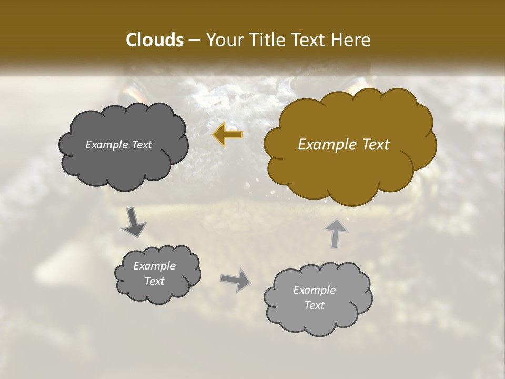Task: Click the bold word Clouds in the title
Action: click(154, 40)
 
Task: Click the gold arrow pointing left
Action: click(228, 135)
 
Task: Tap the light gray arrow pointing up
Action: click(335, 233)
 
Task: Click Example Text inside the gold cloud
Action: click(344, 145)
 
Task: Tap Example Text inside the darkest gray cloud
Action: click(118, 145)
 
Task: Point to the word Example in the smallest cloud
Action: click(154, 266)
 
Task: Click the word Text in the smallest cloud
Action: click(154, 281)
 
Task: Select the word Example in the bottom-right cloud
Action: click(314, 290)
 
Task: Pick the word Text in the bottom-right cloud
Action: click(314, 305)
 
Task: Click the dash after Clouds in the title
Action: click(194, 41)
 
